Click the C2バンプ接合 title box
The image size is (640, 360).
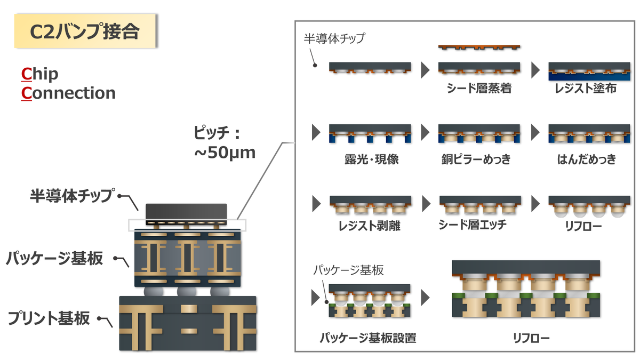[x=85, y=32]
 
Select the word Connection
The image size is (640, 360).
[x=68, y=93]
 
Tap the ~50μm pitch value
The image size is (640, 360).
[x=226, y=153]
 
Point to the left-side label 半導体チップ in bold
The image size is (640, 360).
[x=72, y=196]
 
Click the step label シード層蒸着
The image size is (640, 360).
[x=479, y=89]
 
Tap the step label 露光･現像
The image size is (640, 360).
[x=368, y=159]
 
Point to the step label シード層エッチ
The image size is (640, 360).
[x=476, y=225]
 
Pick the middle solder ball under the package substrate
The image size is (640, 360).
[x=186, y=292]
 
